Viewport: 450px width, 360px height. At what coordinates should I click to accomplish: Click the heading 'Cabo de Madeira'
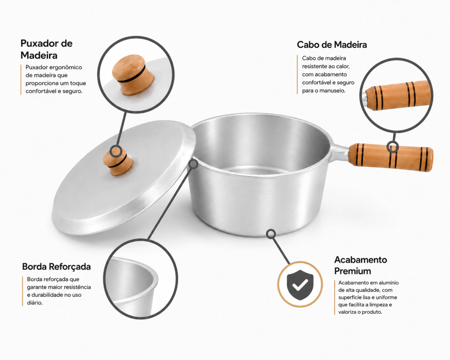pos(332,45)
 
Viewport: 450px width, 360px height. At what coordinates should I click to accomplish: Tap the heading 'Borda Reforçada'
pos(56,266)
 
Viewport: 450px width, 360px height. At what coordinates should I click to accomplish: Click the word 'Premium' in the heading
pos(352,271)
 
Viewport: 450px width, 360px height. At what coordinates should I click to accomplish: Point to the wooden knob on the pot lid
pos(118,162)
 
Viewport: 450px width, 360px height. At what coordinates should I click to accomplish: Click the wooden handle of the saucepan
pos(391,157)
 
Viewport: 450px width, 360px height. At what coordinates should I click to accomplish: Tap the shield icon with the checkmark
pos(300,284)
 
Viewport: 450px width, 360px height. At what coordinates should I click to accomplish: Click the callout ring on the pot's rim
pos(194,164)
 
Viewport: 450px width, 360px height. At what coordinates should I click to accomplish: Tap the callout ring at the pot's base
pos(271,234)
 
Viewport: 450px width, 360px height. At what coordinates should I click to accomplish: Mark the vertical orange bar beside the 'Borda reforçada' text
pos(22,291)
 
